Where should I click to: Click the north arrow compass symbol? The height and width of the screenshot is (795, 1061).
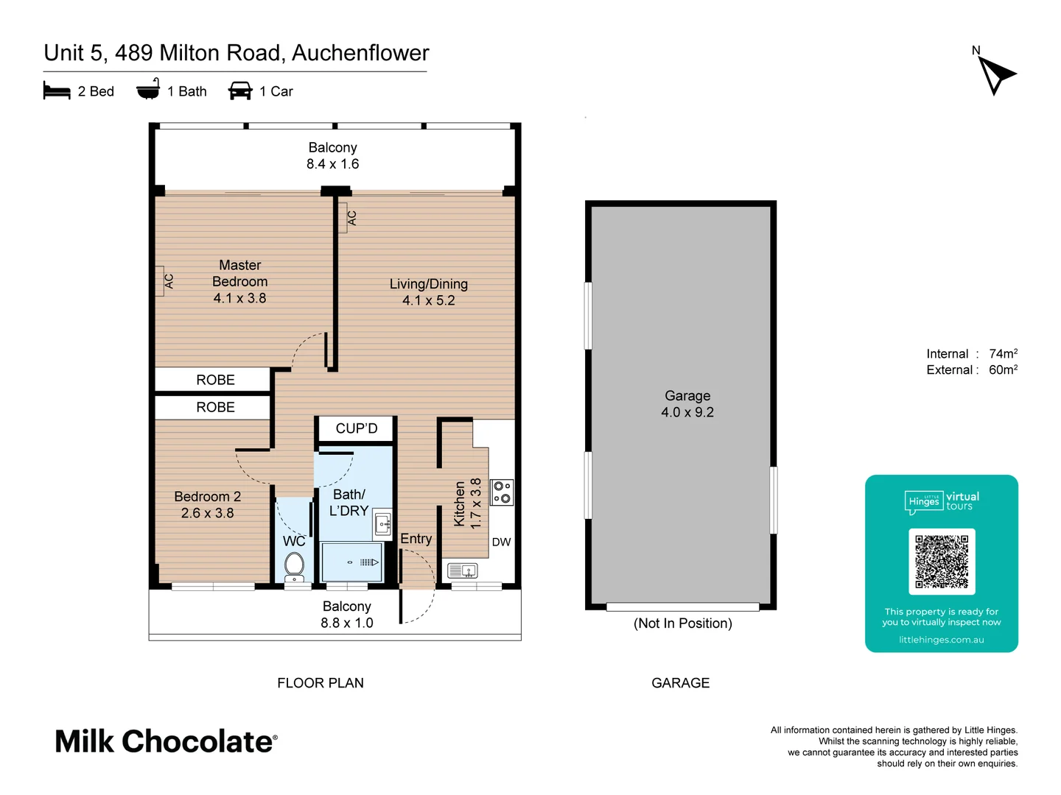pyautogui.click(x=995, y=74)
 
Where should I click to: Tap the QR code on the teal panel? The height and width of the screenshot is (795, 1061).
pyautogui.click(x=942, y=561)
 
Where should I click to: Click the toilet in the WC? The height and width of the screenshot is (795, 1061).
pyautogui.click(x=295, y=566)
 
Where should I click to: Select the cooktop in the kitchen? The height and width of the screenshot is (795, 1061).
pyautogui.click(x=502, y=492)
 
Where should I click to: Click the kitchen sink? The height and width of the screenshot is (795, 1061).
pyautogui.click(x=462, y=570)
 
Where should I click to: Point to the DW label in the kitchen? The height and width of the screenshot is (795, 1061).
pyautogui.click(x=501, y=543)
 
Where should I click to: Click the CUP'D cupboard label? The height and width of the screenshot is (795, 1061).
pyautogui.click(x=357, y=428)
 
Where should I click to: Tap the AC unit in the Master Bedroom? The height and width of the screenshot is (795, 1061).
pyautogui.click(x=161, y=281)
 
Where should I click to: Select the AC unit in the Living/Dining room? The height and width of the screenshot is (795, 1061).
pyautogui.click(x=343, y=218)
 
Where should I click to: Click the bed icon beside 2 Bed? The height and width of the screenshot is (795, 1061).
pyautogui.click(x=57, y=91)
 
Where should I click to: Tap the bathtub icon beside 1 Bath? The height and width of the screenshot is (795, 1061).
pyautogui.click(x=148, y=90)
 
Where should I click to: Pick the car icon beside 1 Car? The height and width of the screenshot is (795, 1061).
pyautogui.click(x=240, y=91)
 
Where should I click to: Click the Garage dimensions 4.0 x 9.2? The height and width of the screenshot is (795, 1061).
pyautogui.click(x=687, y=412)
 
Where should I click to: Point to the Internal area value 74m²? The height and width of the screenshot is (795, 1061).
pyautogui.click(x=1003, y=354)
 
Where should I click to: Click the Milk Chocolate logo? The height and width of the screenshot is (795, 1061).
pyautogui.click(x=167, y=741)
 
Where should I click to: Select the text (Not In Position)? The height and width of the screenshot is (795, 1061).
pyautogui.click(x=682, y=623)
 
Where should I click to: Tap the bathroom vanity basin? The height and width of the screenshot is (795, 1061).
pyautogui.click(x=382, y=524)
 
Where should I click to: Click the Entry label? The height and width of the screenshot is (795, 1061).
pyautogui.click(x=416, y=539)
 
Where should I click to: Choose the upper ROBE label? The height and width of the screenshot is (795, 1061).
pyautogui.click(x=215, y=380)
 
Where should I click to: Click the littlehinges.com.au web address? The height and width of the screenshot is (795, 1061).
pyautogui.click(x=941, y=640)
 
